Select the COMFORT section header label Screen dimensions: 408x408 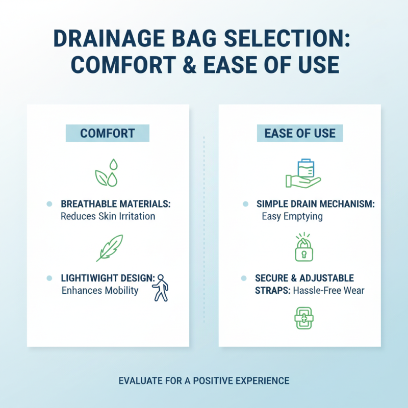(x=107, y=134)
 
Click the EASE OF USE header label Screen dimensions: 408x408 (x=300, y=134)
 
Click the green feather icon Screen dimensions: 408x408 (x=110, y=247)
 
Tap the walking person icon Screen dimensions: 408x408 (x=160, y=288)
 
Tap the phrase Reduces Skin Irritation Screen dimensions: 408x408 (x=108, y=216)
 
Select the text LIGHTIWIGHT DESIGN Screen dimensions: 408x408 (x=108, y=278)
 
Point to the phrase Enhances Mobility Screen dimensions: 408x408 (x=99, y=291)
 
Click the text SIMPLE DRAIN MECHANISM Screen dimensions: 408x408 (x=316, y=204)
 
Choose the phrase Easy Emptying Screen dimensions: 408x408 (x=292, y=216)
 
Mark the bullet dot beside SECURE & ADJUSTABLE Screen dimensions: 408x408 (x=244, y=278)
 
